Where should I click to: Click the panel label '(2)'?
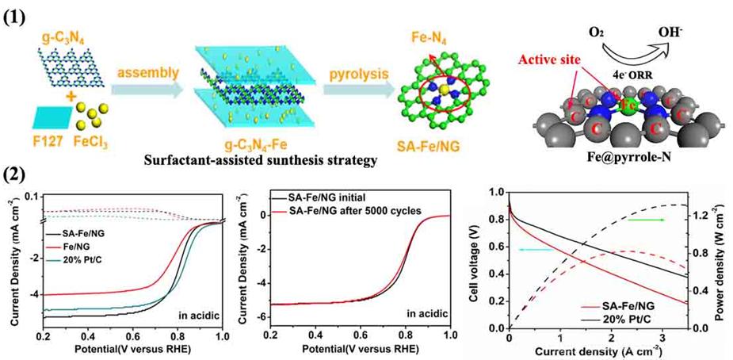pyautogui.click(x=18, y=173)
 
